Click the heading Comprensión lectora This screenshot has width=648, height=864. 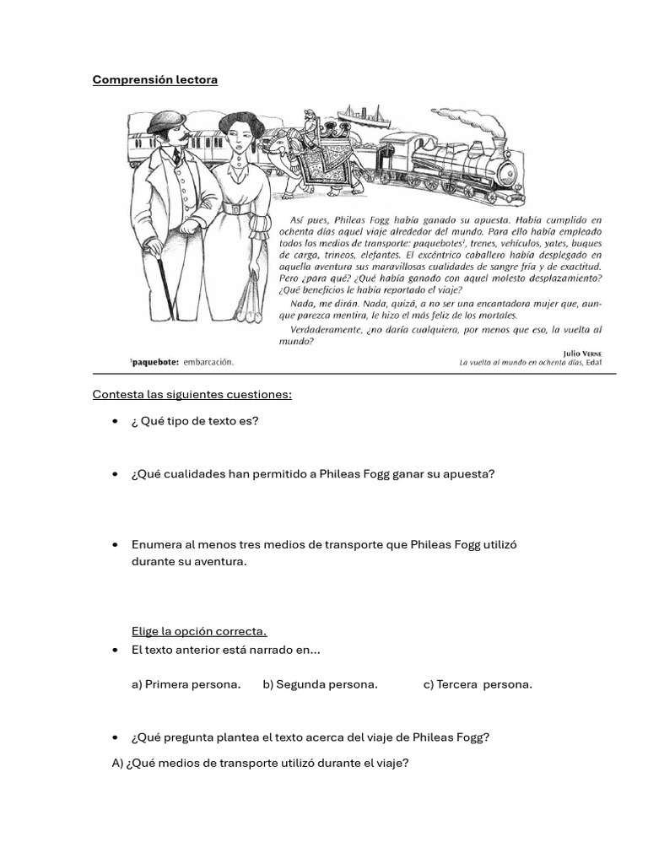click(155, 79)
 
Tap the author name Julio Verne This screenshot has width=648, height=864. click(582, 353)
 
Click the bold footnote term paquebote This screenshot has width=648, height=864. click(154, 362)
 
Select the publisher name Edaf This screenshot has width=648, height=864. click(594, 362)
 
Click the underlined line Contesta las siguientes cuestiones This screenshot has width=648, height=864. click(192, 394)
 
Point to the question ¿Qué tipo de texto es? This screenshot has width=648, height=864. click(195, 421)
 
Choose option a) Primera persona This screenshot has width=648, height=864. click(186, 684)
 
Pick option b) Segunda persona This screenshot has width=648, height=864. click(320, 684)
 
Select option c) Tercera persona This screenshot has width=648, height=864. click(478, 684)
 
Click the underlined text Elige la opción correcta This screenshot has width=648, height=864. click(199, 631)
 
